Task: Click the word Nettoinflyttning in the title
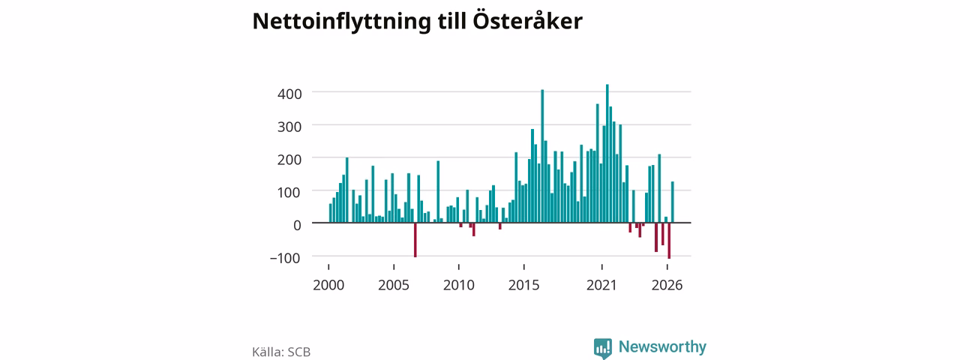pyautogui.click(x=341, y=22)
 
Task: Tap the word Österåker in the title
pyautogui.click(x=527, y=20)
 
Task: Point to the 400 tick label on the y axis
pyautogui.click(x=289, y=94)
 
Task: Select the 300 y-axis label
pyautogui.click(x=289, y=127)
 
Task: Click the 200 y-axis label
pyautogui.click(x=289, y=160)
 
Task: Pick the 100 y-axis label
pyautogui.click(x=289, y=193)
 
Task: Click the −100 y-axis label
pyautogui.click(x=286, y=258)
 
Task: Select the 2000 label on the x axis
pyautogui.click(x=328, y=285)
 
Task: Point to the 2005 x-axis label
pyautogui.click(x=394, y=285)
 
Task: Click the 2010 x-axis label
pyautogui.click(x=459, y=285)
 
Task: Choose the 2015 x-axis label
pyautogui.click(x=524, y=285)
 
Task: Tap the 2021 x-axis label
pyautogui.click(x=601, y=285)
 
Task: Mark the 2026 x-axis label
pyautogui.click(x=667, y=285)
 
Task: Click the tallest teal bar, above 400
pyautogui.click(x=607, y=154)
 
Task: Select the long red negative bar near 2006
pyautogui.click(x=415, y=240)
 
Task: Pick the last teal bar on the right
pyautogui.click(x=673, y=202)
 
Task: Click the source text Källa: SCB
pyautogui.click(x=281, y=352)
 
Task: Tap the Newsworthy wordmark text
pyautogui.click(x=662, y=346)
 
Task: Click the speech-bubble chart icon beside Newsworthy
pyautogui.click(x=603, y=347)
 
